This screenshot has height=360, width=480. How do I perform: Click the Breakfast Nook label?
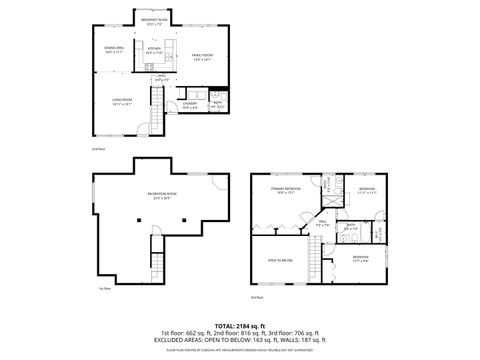point(154,21)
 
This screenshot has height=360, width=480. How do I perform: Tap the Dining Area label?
point(114,49)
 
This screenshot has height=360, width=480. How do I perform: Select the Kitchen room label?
point(154,49)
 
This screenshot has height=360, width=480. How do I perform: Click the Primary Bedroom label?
point(285,188)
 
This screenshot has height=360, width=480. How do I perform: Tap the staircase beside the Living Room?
point(156,101)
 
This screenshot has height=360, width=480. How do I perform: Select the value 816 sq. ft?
point(246,333)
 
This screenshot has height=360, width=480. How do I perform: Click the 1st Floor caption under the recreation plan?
point(103,289)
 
